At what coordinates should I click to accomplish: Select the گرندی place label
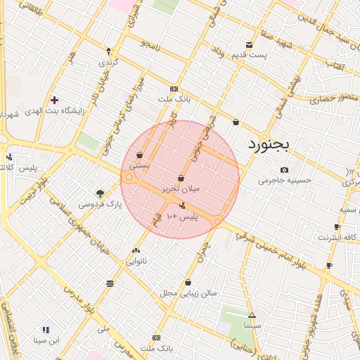(x=108, y=62)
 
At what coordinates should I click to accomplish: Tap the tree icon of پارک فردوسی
(x=101, y=193)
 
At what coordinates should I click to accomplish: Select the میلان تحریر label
(x=181, y=189)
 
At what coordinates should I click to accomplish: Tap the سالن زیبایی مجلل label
(x=188, y=292)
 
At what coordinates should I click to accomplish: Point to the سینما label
(x=252, y=326)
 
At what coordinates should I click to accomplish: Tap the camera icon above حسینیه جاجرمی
(x=284, y=169)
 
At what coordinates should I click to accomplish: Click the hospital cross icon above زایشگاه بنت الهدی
(x=54, y=100)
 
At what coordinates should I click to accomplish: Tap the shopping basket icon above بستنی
(x=140, y=155)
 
